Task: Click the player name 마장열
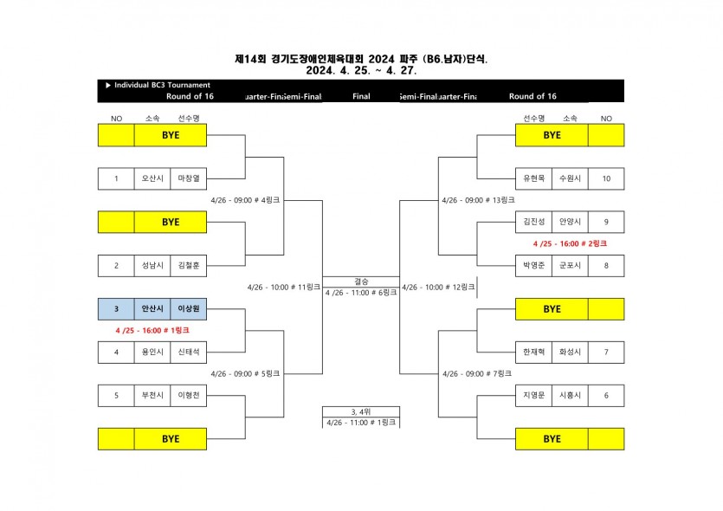pos(188,179)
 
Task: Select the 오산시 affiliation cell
pos(152,179)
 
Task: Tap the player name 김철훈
pos(188,265)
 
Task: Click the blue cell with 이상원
pos(188,308)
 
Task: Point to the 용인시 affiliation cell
pos(152,352)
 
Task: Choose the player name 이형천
pos(188,395)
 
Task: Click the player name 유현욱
pos(533,179)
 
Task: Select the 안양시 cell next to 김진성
pos(570,222)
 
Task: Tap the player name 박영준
pos(533,265)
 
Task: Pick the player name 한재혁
pos(533,352)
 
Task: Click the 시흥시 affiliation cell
pos(570,395)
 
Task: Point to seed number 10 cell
pos(606,179)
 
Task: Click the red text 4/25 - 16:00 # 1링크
pos(152,330)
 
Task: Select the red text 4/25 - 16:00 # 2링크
pos(569,243)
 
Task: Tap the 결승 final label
pos(361,281)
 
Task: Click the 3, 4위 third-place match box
pos(361,411)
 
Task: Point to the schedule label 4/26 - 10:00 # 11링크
pos(283,287)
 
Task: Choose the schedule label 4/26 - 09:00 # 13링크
pos(478,200)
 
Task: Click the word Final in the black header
pos(361,96)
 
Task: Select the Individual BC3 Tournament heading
pos(158,85)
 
